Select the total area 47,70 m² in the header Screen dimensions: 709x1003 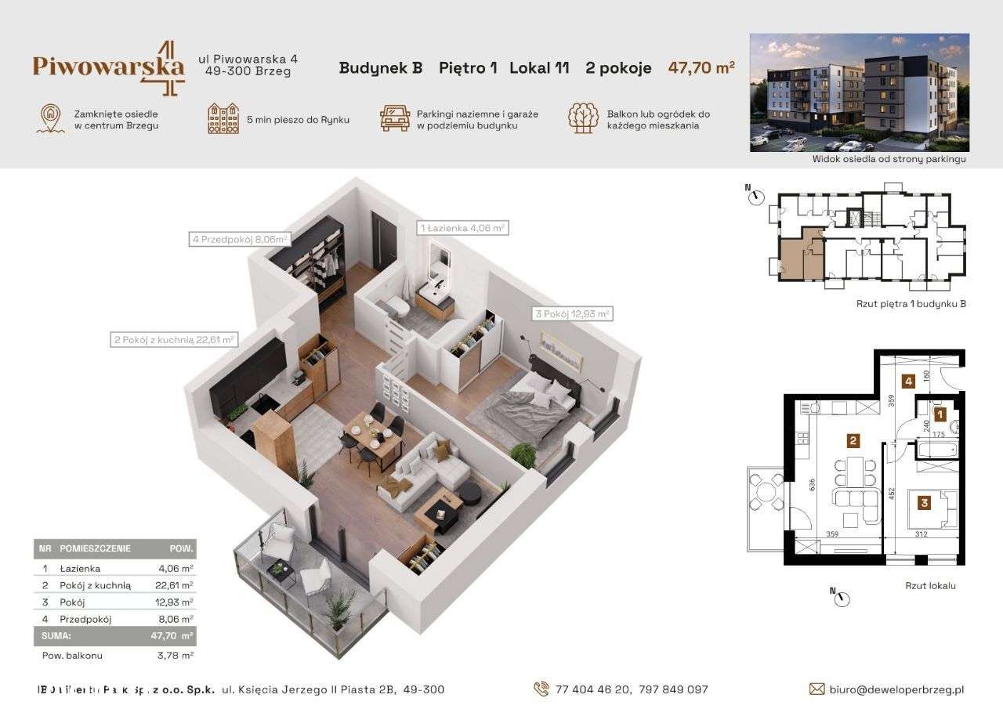(x=701, y=67)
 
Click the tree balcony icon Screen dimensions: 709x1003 (x=583, y=118)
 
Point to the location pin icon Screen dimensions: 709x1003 (x=50, y=118)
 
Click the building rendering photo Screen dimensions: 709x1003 (x=859, y=92)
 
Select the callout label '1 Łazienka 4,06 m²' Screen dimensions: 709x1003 (x=462, y=228)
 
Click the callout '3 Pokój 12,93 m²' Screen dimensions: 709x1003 (x=571, y=313)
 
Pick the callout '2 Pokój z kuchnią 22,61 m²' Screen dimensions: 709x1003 (x=173, y=339)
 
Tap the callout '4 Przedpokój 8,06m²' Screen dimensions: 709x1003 (x=240, y=240)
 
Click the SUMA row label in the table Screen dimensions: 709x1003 (x=56, y=636)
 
